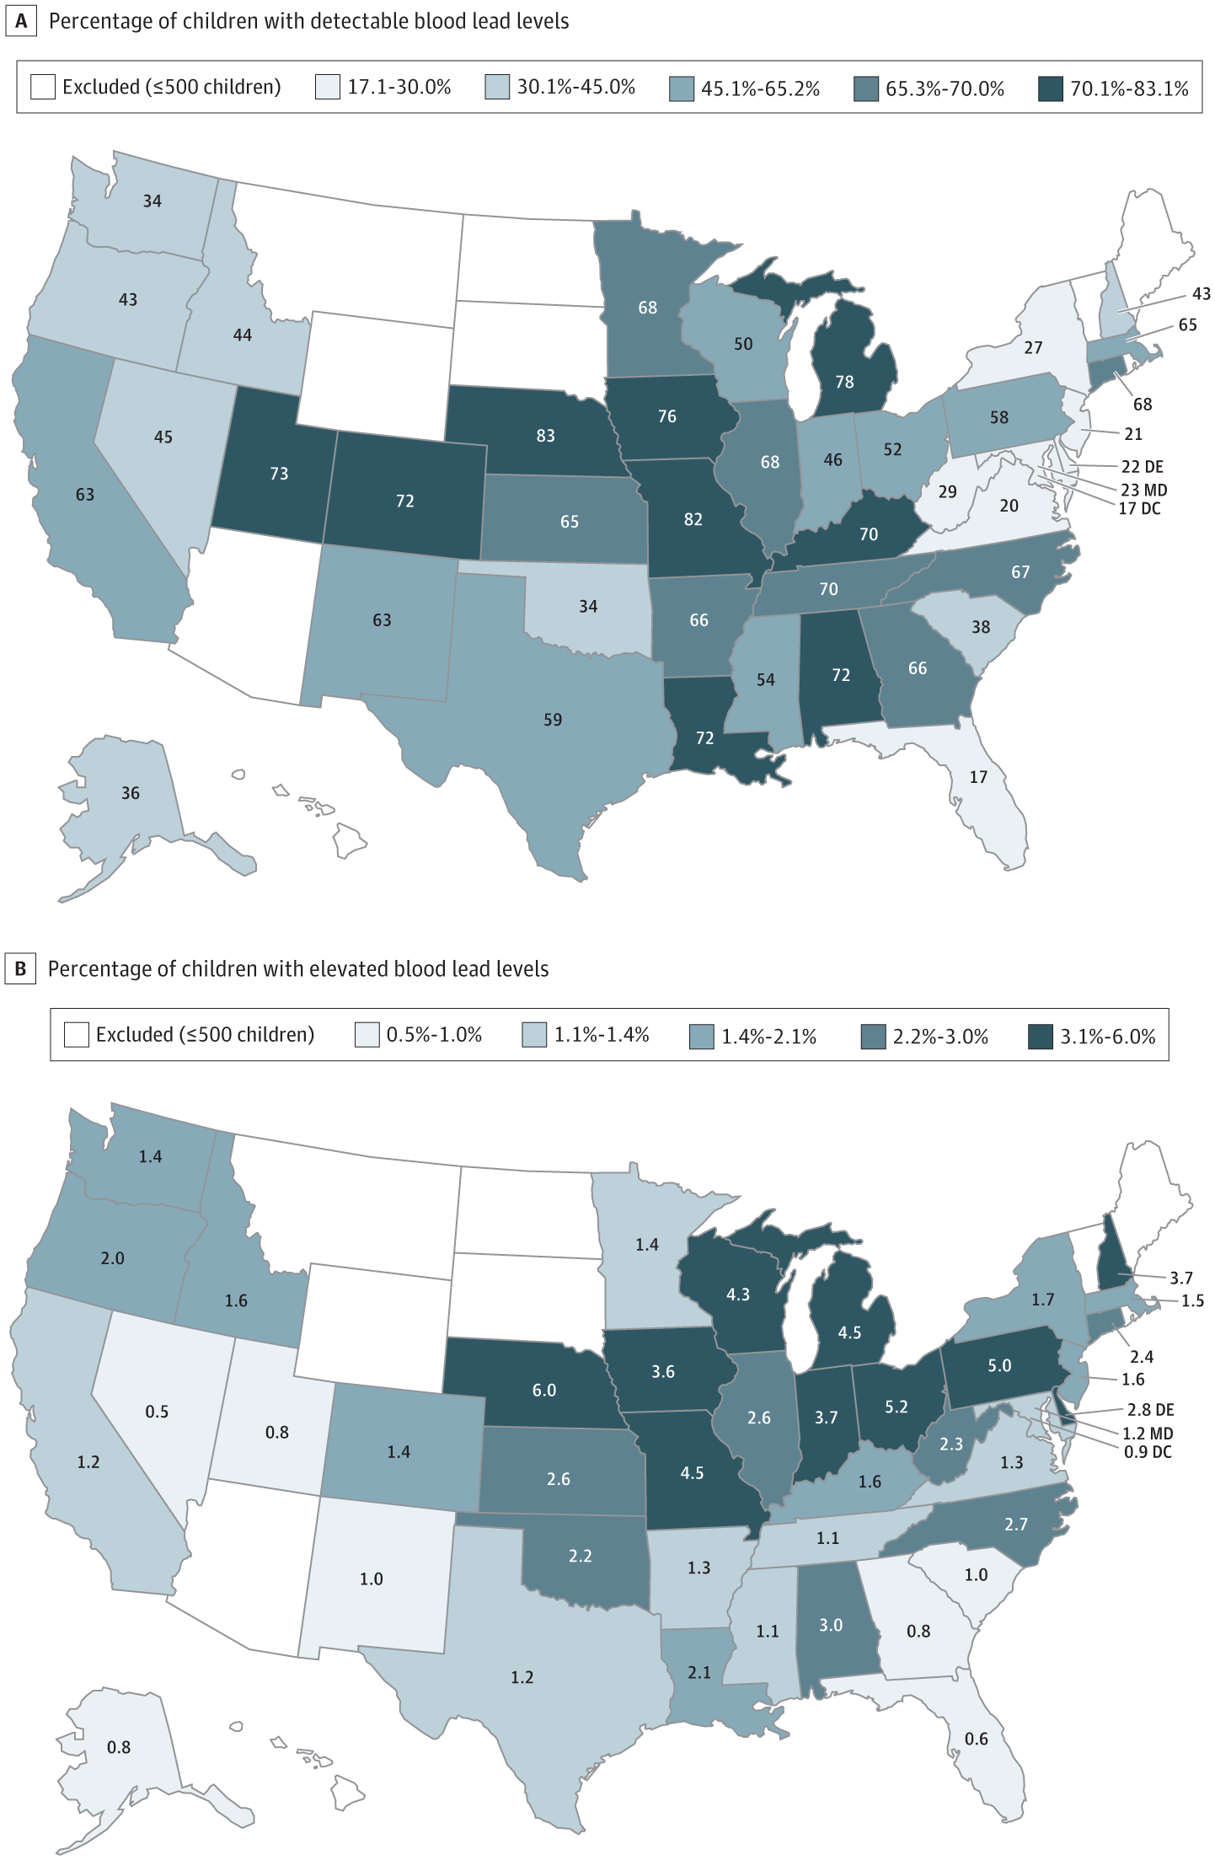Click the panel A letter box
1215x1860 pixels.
click(x=21, y=22)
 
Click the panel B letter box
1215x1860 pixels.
click(x=21, y=969)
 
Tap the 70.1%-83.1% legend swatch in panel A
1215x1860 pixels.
click(x=1051, y=88)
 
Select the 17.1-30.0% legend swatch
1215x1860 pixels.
click(x=328, y=87)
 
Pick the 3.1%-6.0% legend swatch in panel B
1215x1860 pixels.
click(x=1041, y=1036)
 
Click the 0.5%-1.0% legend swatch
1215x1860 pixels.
click(x=367, y=1035)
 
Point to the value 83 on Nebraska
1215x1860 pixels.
click(x=545, y=436)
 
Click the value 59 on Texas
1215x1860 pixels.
click(x=553, y=720)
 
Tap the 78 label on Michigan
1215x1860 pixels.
click(x=844, y=382)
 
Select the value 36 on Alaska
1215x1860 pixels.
click(x=131, y=793)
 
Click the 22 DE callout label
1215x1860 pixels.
click(x=1142, y=467)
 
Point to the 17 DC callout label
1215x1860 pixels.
click(x=1139, y=508)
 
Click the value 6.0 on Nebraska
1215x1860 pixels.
click(x=544, y=1390)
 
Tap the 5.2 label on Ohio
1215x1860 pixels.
click(x=897, y=1407)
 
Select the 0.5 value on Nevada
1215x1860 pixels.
click(x=157, y=1412)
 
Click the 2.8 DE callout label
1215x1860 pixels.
click(x=1150, y=1410)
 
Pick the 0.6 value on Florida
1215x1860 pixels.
click(x=977, y=1739)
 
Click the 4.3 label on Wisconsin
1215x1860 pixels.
click(x=738, y=1294)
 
